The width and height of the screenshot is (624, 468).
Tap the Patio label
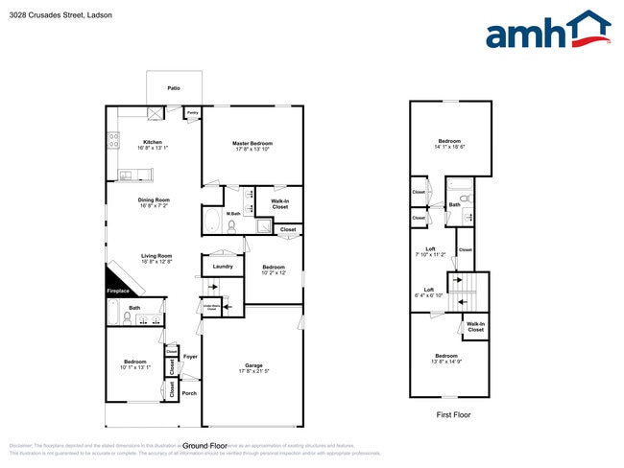(x=174, y=88)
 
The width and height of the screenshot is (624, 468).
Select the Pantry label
(x=191, y=112)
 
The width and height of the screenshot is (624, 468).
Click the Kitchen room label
(x=153, y=142)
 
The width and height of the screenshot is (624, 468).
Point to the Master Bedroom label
(x=253, y=144)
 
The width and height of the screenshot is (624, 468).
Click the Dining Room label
(x=153, y=199)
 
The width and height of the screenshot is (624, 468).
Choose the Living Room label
(x=156, y=255)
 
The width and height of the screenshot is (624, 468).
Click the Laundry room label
(x=223, y=266)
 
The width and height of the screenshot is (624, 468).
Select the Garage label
(x=253, y=365)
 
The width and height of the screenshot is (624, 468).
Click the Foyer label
(x=190, y=357)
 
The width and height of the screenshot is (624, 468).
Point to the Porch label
(x=189, y=393)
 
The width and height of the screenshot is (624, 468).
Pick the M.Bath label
(x=233, y=214)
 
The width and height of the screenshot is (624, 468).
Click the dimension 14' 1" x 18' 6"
(x=449, y=146)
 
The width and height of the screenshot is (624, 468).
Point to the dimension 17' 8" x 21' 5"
(x=253, y=371)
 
